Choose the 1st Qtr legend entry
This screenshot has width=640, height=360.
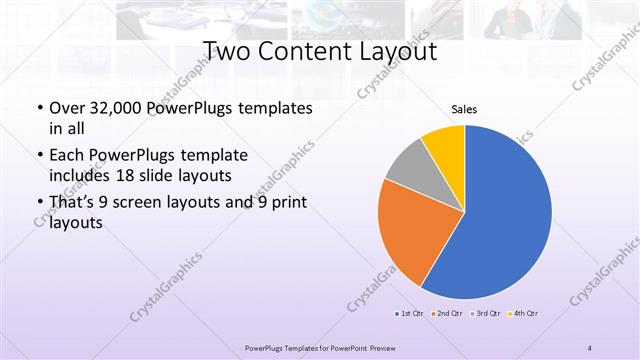410,314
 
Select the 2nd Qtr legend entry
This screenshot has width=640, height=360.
447,314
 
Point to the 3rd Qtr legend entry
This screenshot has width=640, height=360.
485,314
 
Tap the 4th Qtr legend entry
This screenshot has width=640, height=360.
523,314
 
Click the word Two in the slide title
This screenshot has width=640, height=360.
228,51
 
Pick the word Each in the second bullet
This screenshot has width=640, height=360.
65,156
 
